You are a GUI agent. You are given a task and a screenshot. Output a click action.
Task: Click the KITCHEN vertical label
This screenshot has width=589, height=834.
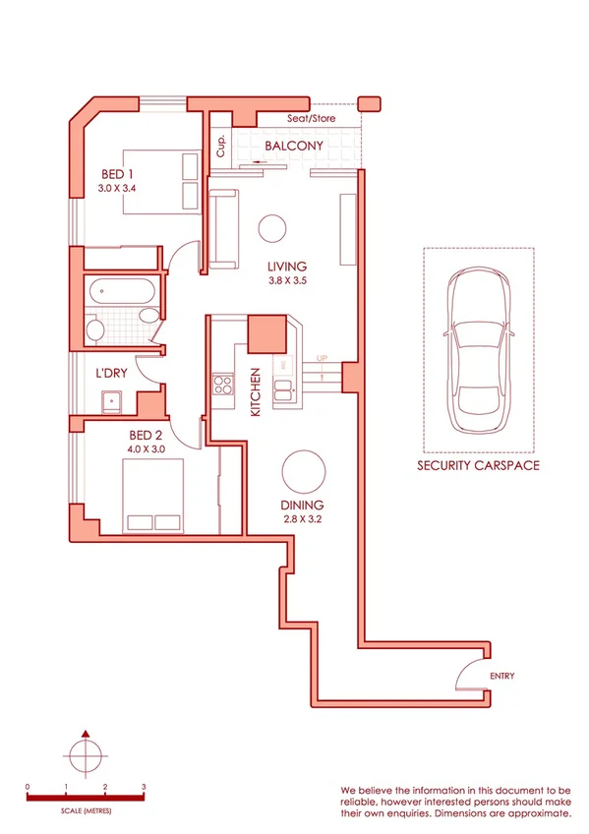[x=255, y=391]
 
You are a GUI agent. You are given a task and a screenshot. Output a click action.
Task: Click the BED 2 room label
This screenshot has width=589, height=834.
[x=147, y=434]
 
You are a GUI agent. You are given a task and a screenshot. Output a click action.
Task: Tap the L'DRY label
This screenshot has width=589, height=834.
[x=112, y=374]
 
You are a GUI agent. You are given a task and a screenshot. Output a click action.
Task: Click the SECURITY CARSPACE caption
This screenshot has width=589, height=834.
[x=478, y=465]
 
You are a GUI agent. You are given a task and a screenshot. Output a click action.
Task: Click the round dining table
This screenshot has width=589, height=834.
[x=302, y=472]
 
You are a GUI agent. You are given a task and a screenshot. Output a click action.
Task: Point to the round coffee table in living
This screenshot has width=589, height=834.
[x=273, y=228]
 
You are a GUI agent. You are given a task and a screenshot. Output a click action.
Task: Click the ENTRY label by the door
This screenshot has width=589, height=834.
[x=501, y=676]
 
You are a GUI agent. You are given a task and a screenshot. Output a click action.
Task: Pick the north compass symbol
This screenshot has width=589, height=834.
[x=87, y=755]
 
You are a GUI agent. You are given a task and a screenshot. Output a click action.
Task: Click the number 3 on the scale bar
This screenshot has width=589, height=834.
[x=145, y=787]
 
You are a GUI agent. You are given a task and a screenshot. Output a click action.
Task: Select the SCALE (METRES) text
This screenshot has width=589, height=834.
[x=87, y=809]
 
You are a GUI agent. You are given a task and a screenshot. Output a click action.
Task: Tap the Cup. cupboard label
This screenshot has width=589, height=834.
[x=221, y=146]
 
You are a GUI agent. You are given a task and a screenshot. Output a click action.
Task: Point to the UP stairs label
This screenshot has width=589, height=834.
[x=321, y=359]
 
